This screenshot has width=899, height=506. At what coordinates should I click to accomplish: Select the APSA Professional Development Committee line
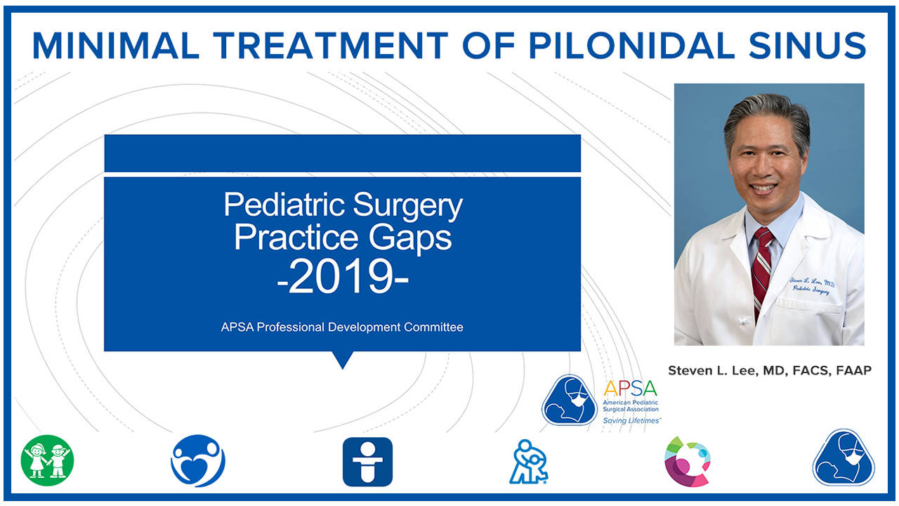click(342, 327)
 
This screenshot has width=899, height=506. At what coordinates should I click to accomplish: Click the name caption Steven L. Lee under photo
click(769, 370)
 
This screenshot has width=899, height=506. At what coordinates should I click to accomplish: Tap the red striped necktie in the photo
click(761, 267)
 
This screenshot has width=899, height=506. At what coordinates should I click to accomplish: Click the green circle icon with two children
click(47, 461)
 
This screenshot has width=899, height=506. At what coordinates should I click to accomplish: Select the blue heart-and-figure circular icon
click(197, 461)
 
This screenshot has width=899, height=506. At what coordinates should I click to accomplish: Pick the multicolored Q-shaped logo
click(687, 461)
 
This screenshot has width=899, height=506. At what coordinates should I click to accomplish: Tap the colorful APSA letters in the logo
click(630, 387)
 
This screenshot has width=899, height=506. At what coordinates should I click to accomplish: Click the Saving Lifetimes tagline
click(632, 420)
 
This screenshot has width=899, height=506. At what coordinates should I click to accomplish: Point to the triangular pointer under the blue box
click(342, 360)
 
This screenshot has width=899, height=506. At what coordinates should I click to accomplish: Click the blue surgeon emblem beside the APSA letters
click(570, 400)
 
